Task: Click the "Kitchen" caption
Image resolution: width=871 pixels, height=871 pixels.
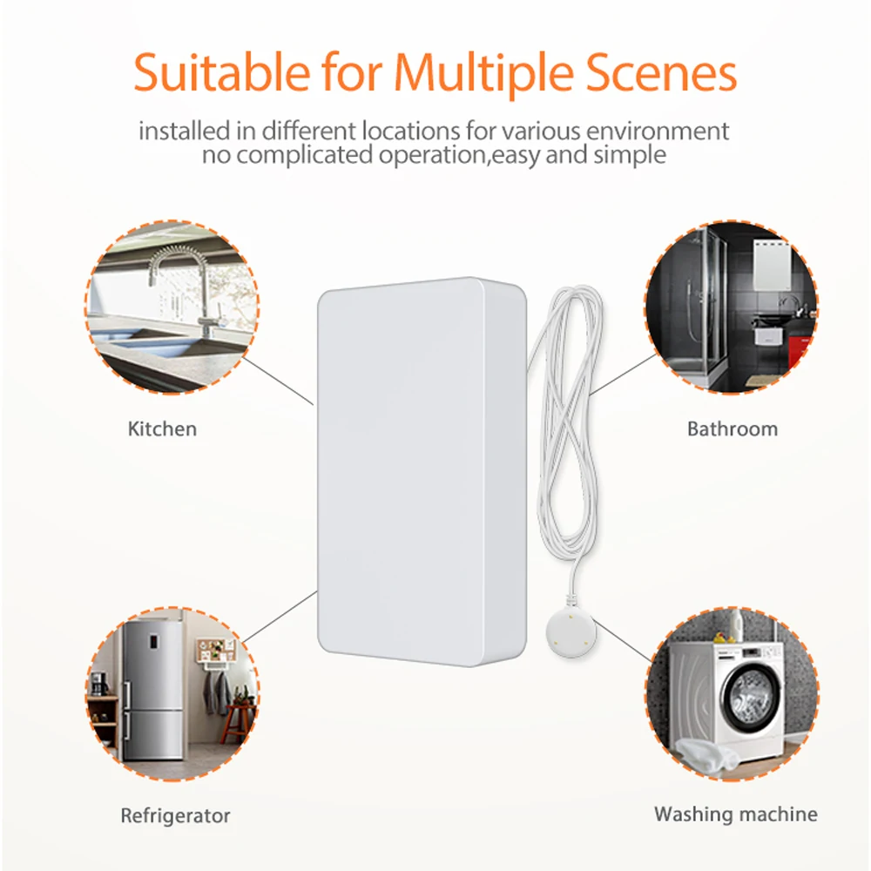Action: click(x=162, y=429)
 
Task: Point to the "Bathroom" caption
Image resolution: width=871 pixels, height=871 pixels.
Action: click(x=732, y=429)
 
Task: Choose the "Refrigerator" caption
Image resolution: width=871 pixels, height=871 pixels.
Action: click(x=175, y=816)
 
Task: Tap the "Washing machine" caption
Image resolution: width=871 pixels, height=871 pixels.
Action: click(x=736, y=814)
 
